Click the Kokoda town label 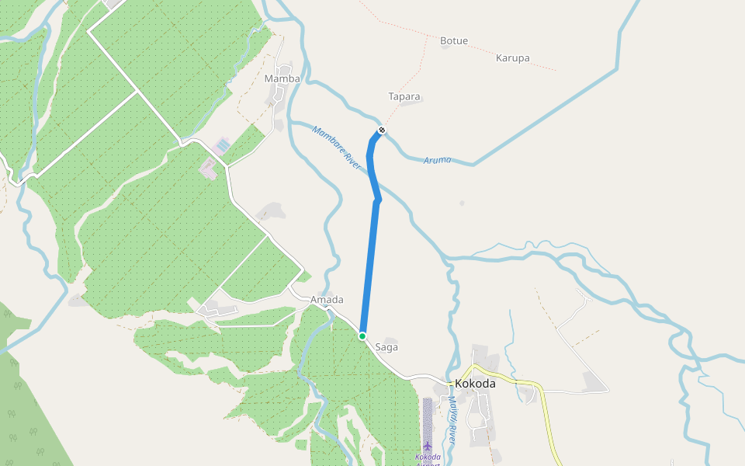point(475,384)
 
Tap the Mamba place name point(282,78)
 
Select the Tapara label point(404,97)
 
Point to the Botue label point(454,40)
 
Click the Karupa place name point(512,58)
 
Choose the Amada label point(327,300)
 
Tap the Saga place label point(386,347)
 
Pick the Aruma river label point(438,160)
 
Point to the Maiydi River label point(452,419)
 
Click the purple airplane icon point(428,445)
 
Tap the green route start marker point(362,336)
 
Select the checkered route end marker point(382,130)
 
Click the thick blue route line point(370,264)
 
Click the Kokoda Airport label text point(428,457)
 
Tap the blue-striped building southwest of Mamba point(223,145)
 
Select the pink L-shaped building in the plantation point(208,166)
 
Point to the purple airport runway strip point(428,419)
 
